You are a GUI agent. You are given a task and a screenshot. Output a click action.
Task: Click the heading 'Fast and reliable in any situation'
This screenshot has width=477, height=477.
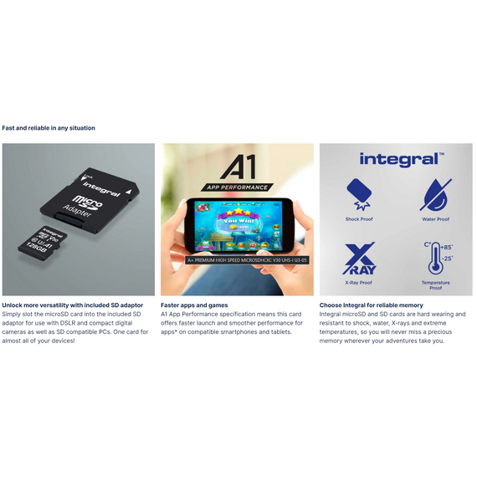point(49,128)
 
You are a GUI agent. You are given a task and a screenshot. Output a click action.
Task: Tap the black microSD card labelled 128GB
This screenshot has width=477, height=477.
point(43,243)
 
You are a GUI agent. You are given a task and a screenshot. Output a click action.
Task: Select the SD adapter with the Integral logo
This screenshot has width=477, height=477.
point(90,200)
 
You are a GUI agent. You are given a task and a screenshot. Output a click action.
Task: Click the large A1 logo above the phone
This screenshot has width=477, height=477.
point(238,167)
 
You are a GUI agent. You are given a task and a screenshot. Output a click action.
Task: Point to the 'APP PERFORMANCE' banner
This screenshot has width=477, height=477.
point(238,187)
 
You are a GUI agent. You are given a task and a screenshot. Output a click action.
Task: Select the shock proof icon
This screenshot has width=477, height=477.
point(359,195)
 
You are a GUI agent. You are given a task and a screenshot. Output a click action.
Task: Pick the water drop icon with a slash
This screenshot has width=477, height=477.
point(436,195)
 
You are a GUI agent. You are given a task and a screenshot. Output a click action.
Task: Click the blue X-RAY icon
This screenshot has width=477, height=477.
point(359,259)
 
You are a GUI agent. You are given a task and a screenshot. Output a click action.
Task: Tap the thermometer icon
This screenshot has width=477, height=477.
point(435,259)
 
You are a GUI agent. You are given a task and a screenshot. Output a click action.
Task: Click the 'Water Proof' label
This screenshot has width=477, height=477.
point(436,219)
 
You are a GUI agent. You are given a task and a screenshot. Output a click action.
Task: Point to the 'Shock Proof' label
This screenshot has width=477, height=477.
point(359,219)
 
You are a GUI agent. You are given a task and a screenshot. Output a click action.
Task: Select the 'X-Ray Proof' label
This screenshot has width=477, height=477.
point(359,283)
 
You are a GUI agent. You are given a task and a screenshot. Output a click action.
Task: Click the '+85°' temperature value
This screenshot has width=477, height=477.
point(447,248)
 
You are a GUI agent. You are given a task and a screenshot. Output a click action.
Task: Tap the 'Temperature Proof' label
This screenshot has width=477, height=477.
point(436,285)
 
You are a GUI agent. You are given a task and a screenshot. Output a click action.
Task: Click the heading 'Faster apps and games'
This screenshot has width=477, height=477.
point(194,305)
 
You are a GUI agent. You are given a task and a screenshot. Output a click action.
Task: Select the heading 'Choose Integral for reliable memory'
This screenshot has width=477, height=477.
point(371,305)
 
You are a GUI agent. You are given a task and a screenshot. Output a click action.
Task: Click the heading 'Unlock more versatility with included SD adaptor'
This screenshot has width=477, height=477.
point(73,305)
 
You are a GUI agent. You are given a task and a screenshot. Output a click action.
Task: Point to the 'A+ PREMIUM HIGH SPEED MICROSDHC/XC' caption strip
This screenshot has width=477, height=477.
point(247,260)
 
